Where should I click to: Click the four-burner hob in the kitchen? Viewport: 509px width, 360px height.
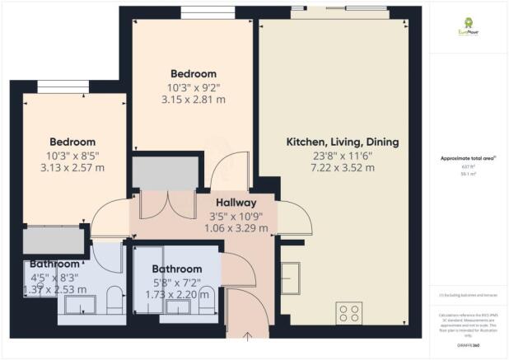point(348,314)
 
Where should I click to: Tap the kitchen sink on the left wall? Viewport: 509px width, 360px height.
point(292,273)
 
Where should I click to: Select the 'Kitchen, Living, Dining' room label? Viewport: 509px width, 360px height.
point(342,143)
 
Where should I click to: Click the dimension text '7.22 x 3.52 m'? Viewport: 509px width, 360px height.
point(342,168)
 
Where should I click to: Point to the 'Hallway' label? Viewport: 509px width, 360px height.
point(236,203)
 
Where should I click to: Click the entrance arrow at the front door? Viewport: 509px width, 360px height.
point(250,334)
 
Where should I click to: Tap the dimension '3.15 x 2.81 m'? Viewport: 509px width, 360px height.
point(194,99)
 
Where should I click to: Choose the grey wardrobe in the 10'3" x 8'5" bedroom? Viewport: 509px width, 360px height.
point(54,241)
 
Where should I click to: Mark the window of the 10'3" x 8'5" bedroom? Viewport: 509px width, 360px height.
point(60,86)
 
